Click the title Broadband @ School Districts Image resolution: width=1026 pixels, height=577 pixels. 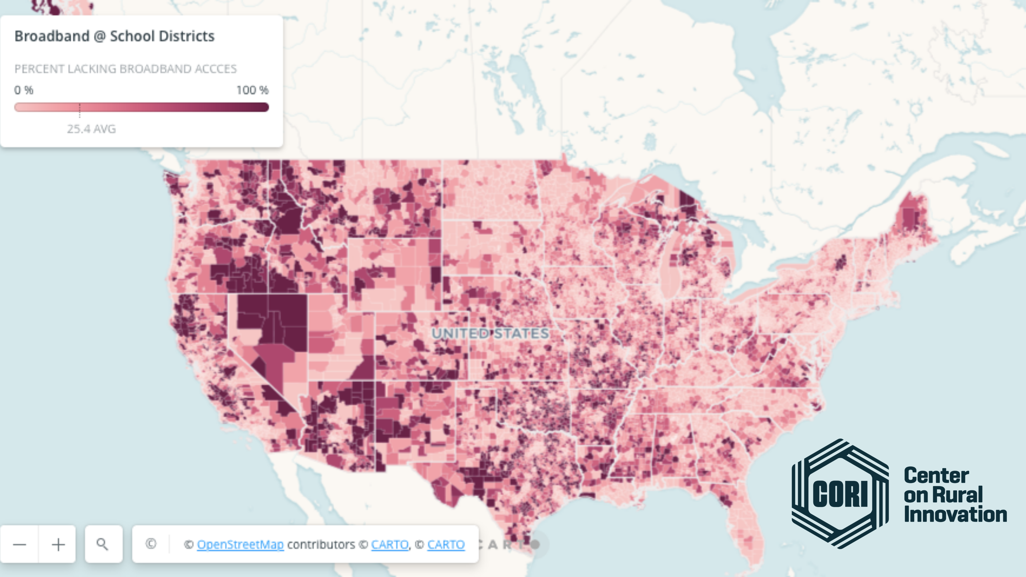114,36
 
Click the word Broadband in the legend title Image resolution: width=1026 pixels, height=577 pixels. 52,36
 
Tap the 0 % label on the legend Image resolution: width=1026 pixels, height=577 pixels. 24,90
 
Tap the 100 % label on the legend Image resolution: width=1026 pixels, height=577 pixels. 252,90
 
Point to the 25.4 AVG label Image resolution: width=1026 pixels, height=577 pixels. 91,129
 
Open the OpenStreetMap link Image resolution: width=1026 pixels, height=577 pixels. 240,544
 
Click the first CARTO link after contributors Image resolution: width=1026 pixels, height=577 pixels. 390,544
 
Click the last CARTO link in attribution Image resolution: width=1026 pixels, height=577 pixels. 446,544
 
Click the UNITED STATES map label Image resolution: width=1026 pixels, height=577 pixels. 490,333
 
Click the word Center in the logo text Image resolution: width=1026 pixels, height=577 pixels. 936,475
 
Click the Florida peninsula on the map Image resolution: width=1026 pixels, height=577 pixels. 745,526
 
